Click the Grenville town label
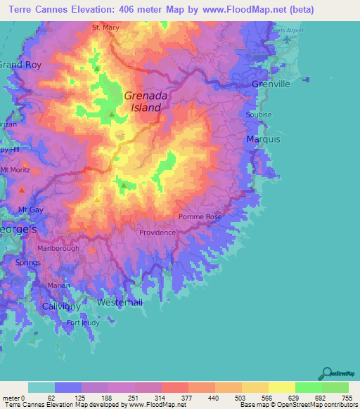271,84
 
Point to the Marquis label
264,140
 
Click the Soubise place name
258,115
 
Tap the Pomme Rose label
200,217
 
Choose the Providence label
157,233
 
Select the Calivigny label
61,307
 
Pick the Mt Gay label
31,209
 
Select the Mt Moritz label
15,170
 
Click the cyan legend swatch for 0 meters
41,388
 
